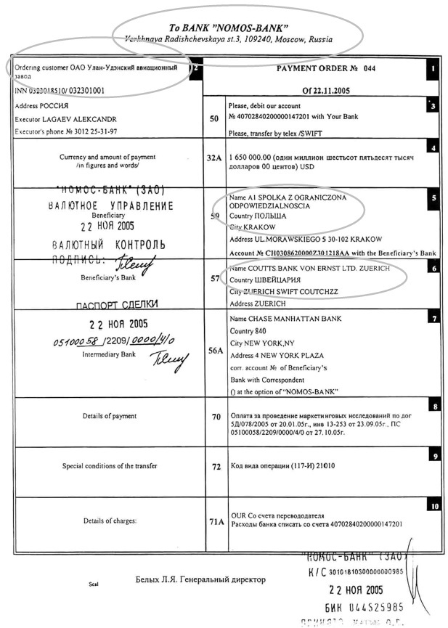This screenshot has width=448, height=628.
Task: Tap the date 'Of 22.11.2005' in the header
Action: click(x=321, y=91)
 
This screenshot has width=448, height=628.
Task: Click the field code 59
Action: click(x=214, y=216)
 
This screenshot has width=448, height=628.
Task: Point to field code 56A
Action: click(x=216, y=349)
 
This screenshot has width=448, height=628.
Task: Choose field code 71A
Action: click(x=216, y=521)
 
